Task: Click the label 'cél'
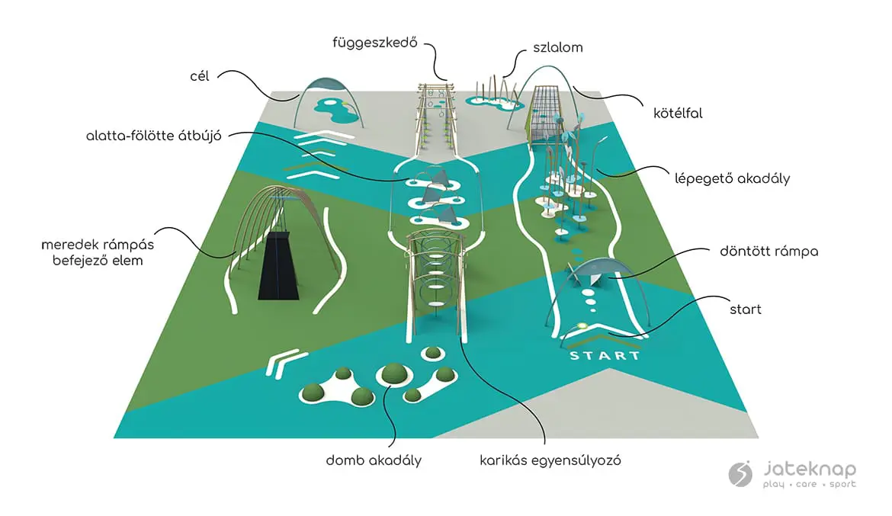point(201,75)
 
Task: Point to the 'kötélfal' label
point(677,113)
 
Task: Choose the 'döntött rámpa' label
point(769,251)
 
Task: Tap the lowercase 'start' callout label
point(745,309)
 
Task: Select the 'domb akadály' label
point(374,460)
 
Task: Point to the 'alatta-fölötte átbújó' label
point(153,136)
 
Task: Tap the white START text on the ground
point(605,356)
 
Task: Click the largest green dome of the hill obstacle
point(394,373)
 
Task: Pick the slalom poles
point(496,88)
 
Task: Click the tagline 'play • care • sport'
point(809,484)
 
